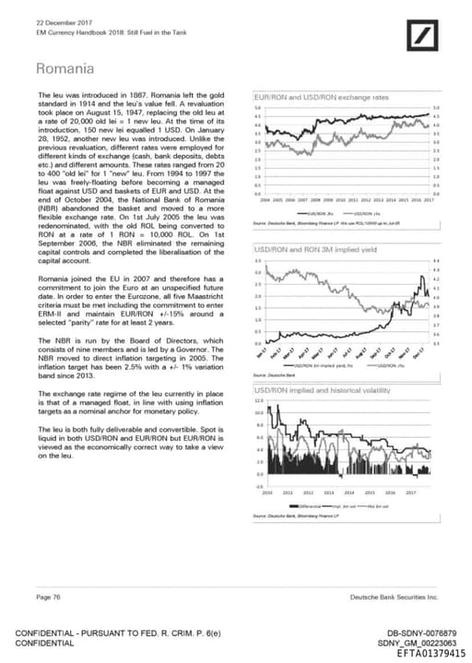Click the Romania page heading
pos(65,69)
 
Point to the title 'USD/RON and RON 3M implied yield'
pos(316,249)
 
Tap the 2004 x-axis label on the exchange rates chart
pos(265,199)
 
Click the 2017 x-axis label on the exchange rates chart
pos(429,199)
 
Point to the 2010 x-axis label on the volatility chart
pos(267,493)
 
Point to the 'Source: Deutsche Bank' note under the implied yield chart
pos(273,375)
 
